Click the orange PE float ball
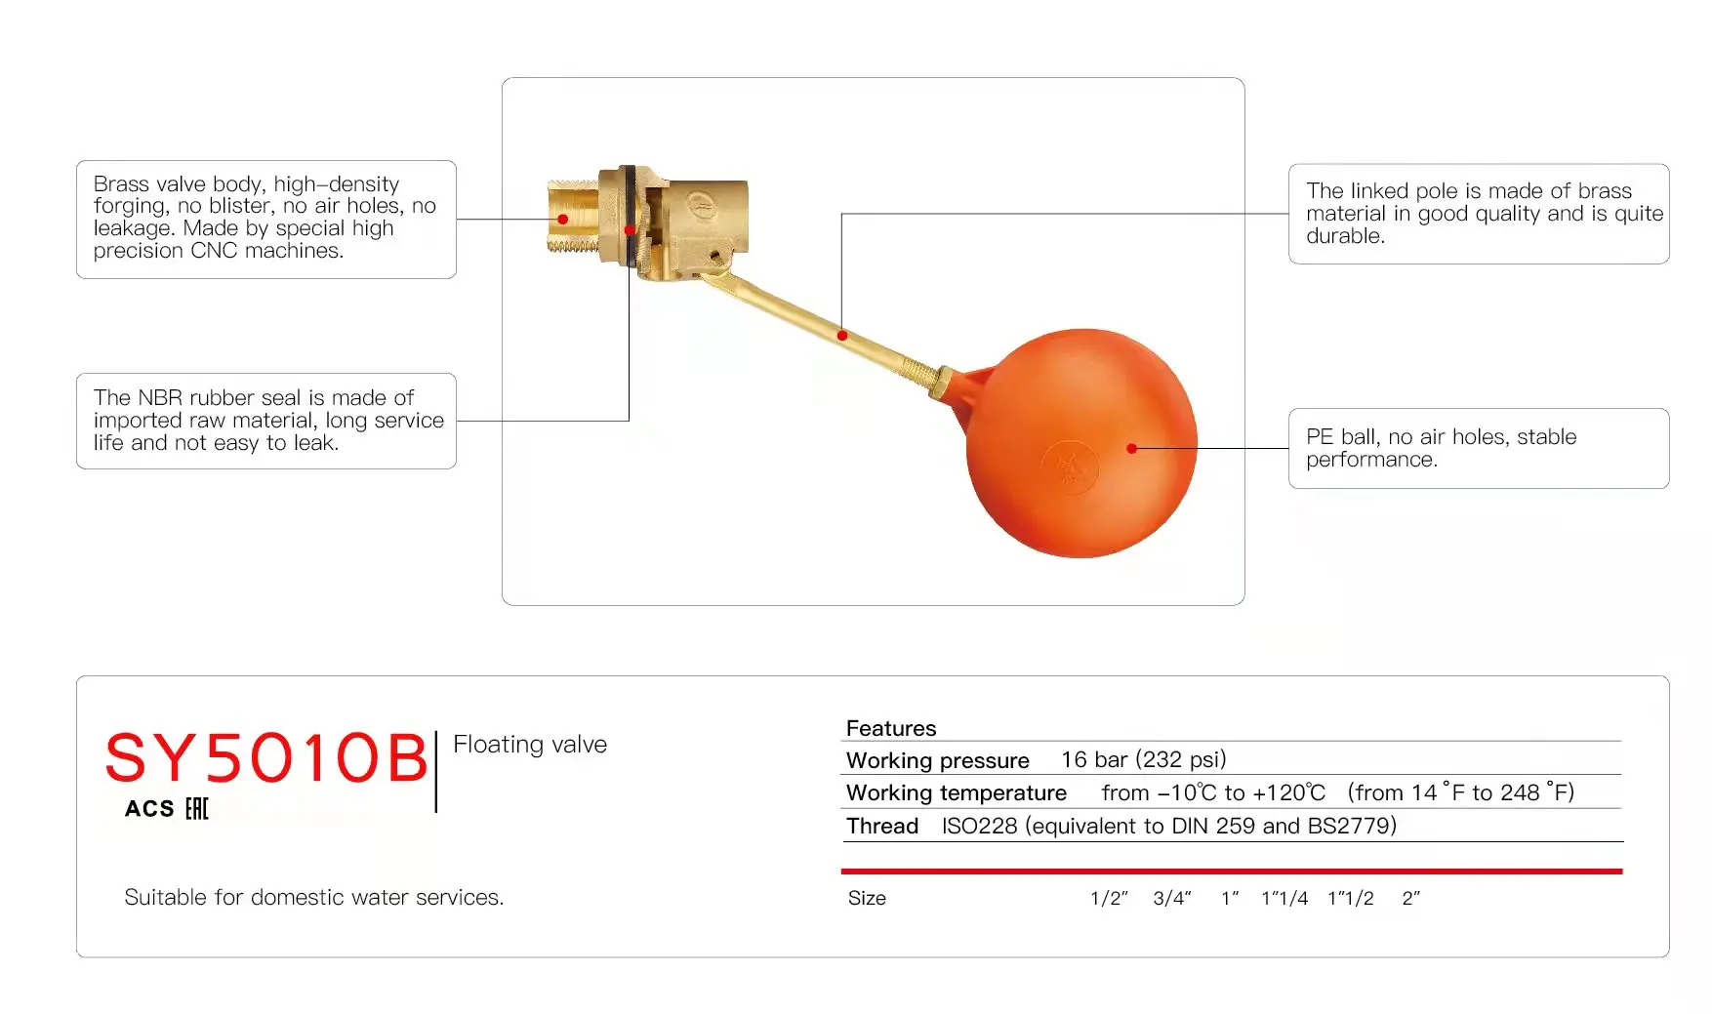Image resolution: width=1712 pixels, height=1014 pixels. [x=1080, y=444]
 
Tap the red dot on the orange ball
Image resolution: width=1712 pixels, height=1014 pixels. [x=1131, y=448]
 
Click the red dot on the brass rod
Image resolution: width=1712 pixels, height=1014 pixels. [x=842, y=336]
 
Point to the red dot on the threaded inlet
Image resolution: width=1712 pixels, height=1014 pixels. [x=563, y=219]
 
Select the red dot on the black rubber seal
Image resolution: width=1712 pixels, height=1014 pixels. [x=630, y=230]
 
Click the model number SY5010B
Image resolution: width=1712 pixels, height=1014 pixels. [x=265, y=758]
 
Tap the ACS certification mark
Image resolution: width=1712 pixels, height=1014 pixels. [x=149, y=809]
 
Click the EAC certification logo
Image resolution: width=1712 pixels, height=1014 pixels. [x=196, y=809]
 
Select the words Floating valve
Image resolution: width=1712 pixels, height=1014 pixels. [x=530, y=745]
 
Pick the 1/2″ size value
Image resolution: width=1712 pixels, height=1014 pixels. [x=1109, y=898]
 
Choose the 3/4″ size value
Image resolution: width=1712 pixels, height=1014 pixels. [x=1172, y=898]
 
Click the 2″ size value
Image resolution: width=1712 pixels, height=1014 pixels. [x=1410, y=898]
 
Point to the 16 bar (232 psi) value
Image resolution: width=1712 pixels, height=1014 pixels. [x=1143, y=759]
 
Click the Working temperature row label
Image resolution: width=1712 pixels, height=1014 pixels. [x=956, y=792]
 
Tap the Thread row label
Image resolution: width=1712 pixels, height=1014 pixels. [x=882, y=826]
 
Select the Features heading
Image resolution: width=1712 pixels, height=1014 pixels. [x=890, y=728]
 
